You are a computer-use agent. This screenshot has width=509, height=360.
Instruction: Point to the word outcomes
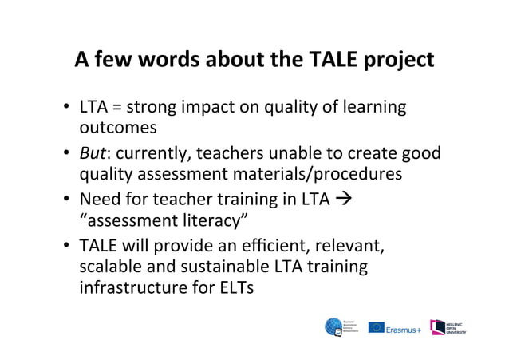coord(117,128)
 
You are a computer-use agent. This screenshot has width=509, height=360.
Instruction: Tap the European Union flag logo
coord(376,327)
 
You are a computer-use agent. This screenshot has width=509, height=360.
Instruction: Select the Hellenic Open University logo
coord(448,327)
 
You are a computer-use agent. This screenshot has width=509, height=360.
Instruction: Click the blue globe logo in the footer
coord(333,326)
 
